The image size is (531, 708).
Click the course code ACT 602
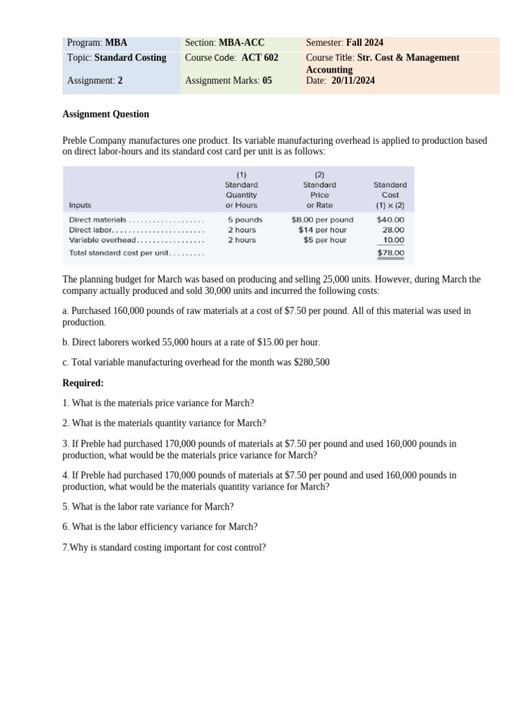click(260, 58)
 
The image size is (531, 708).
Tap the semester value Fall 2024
click(365, 43)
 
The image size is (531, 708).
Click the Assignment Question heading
click(106, 114)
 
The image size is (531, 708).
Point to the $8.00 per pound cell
click(322, 220)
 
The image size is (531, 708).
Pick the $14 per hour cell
click(322, 230)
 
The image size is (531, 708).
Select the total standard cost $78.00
click(391, 253)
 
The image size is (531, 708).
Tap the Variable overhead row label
click(103, 240)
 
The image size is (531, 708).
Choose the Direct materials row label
click(97, 220)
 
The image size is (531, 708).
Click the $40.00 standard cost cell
click(391, 220)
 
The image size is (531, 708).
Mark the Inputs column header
click(80, 205)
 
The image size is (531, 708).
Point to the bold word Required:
click(83, 383)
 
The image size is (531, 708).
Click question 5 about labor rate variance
click(148, 507)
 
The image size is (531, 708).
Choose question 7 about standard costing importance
click(164, 548)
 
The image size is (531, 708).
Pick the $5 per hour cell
click(325, 240)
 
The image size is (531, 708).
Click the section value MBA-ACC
click(241, 43)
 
